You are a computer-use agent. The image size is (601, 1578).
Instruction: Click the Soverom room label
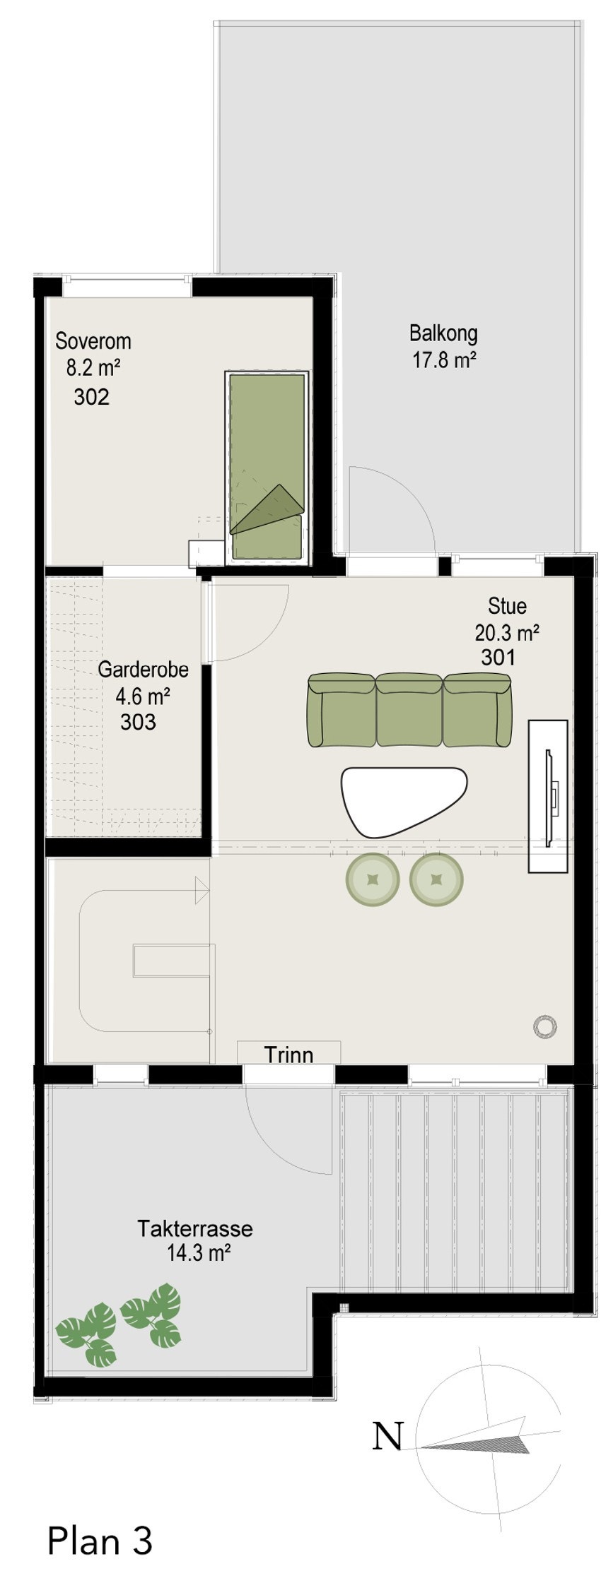click(x=93, y=341)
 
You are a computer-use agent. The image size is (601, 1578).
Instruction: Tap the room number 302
click(x=92, y=397)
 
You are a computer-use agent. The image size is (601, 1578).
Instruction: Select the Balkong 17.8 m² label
click(x=443, y=346)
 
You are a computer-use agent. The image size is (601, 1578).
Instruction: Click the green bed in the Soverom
click(x=267, y=466)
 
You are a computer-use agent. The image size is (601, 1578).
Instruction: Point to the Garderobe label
click(x=143, y=669)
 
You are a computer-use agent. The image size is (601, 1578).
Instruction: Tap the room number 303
click(x=138, y=722)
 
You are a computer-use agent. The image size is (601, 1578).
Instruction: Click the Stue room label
click(x=507, y=606)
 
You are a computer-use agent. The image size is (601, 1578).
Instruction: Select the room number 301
click(x=498, y=657)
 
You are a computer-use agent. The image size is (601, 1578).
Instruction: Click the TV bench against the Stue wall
click(x=548, y=796)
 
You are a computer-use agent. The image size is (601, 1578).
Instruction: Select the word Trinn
click(x=288, y=1055)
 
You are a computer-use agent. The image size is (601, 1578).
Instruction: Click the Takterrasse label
click(x=195, y=1228)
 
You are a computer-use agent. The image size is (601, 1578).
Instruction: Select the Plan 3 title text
click(x=99, y=1541)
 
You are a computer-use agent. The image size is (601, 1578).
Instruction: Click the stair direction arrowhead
click(x=202, y=890)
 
